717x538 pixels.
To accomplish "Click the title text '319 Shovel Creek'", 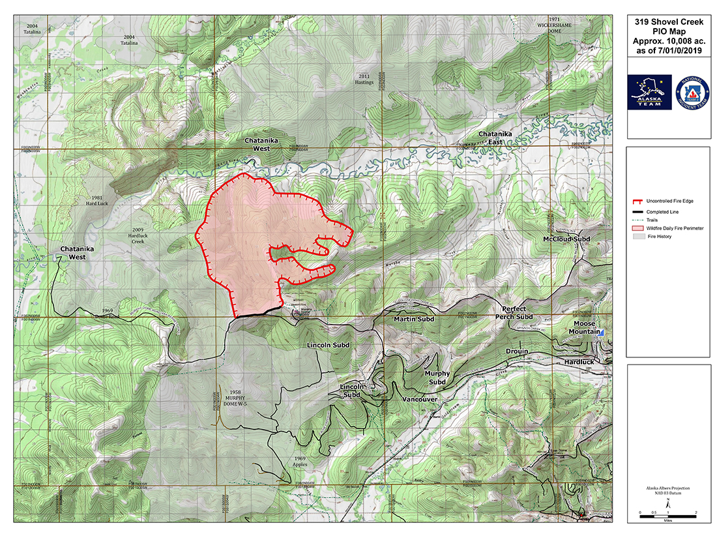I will tap(668, 21).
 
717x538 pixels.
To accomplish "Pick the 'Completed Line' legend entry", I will tap(666, 213).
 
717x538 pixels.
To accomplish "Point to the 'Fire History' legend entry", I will tap(660, 236).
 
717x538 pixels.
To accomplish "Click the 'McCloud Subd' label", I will tap(566, 239).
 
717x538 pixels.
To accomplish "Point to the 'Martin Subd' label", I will tap(414, 320).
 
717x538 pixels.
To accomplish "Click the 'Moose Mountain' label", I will tap(585, 327).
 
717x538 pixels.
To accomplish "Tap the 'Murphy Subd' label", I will tap(437, 378).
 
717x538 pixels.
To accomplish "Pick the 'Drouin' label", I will tap(516, 351).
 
